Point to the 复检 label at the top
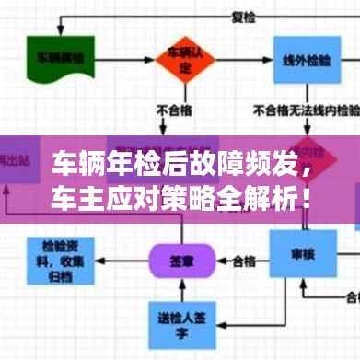tap(241, 16)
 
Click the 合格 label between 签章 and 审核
tap(242, 259)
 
